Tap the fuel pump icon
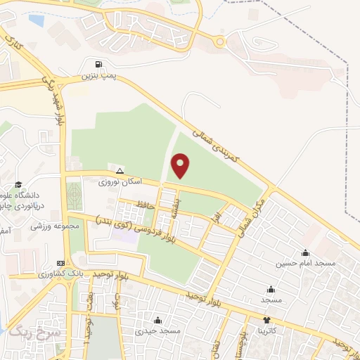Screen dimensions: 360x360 click(x=98, y=65)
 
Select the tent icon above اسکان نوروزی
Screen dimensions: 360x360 click(x=120, y=171)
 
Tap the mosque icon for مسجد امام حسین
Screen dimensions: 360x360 click(x=305, y=253)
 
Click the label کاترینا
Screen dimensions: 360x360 click(x=271, y=329)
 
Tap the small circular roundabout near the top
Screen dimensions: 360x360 click(x=221, y=41)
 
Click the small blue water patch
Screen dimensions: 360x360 click(x=36, y=21)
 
